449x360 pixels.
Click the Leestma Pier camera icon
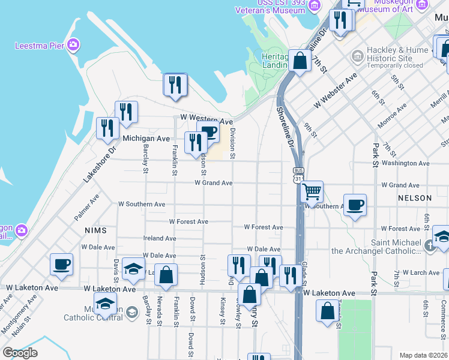[x=73, y=45]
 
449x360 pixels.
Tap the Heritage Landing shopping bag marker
[x=299, y=61]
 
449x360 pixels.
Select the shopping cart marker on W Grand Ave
[x=312, y=192]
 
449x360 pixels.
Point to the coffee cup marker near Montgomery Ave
[x=62, y=264]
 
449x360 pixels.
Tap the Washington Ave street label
[x=405, y=163]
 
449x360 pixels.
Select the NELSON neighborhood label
[x=414, y=198]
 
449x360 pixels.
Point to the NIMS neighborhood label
[x=95, y=230]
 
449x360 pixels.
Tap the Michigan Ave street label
[x=146, y=139]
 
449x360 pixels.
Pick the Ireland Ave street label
[x=160, y=238]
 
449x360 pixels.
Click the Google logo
[x=20, y=353]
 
